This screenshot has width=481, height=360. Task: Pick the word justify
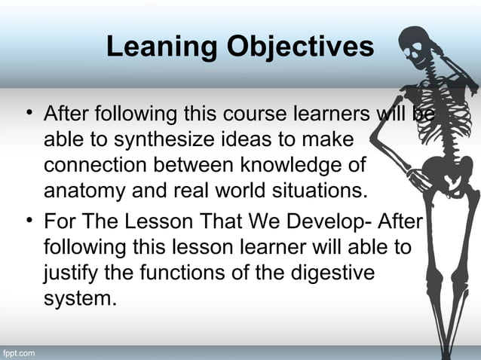point(69,272)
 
